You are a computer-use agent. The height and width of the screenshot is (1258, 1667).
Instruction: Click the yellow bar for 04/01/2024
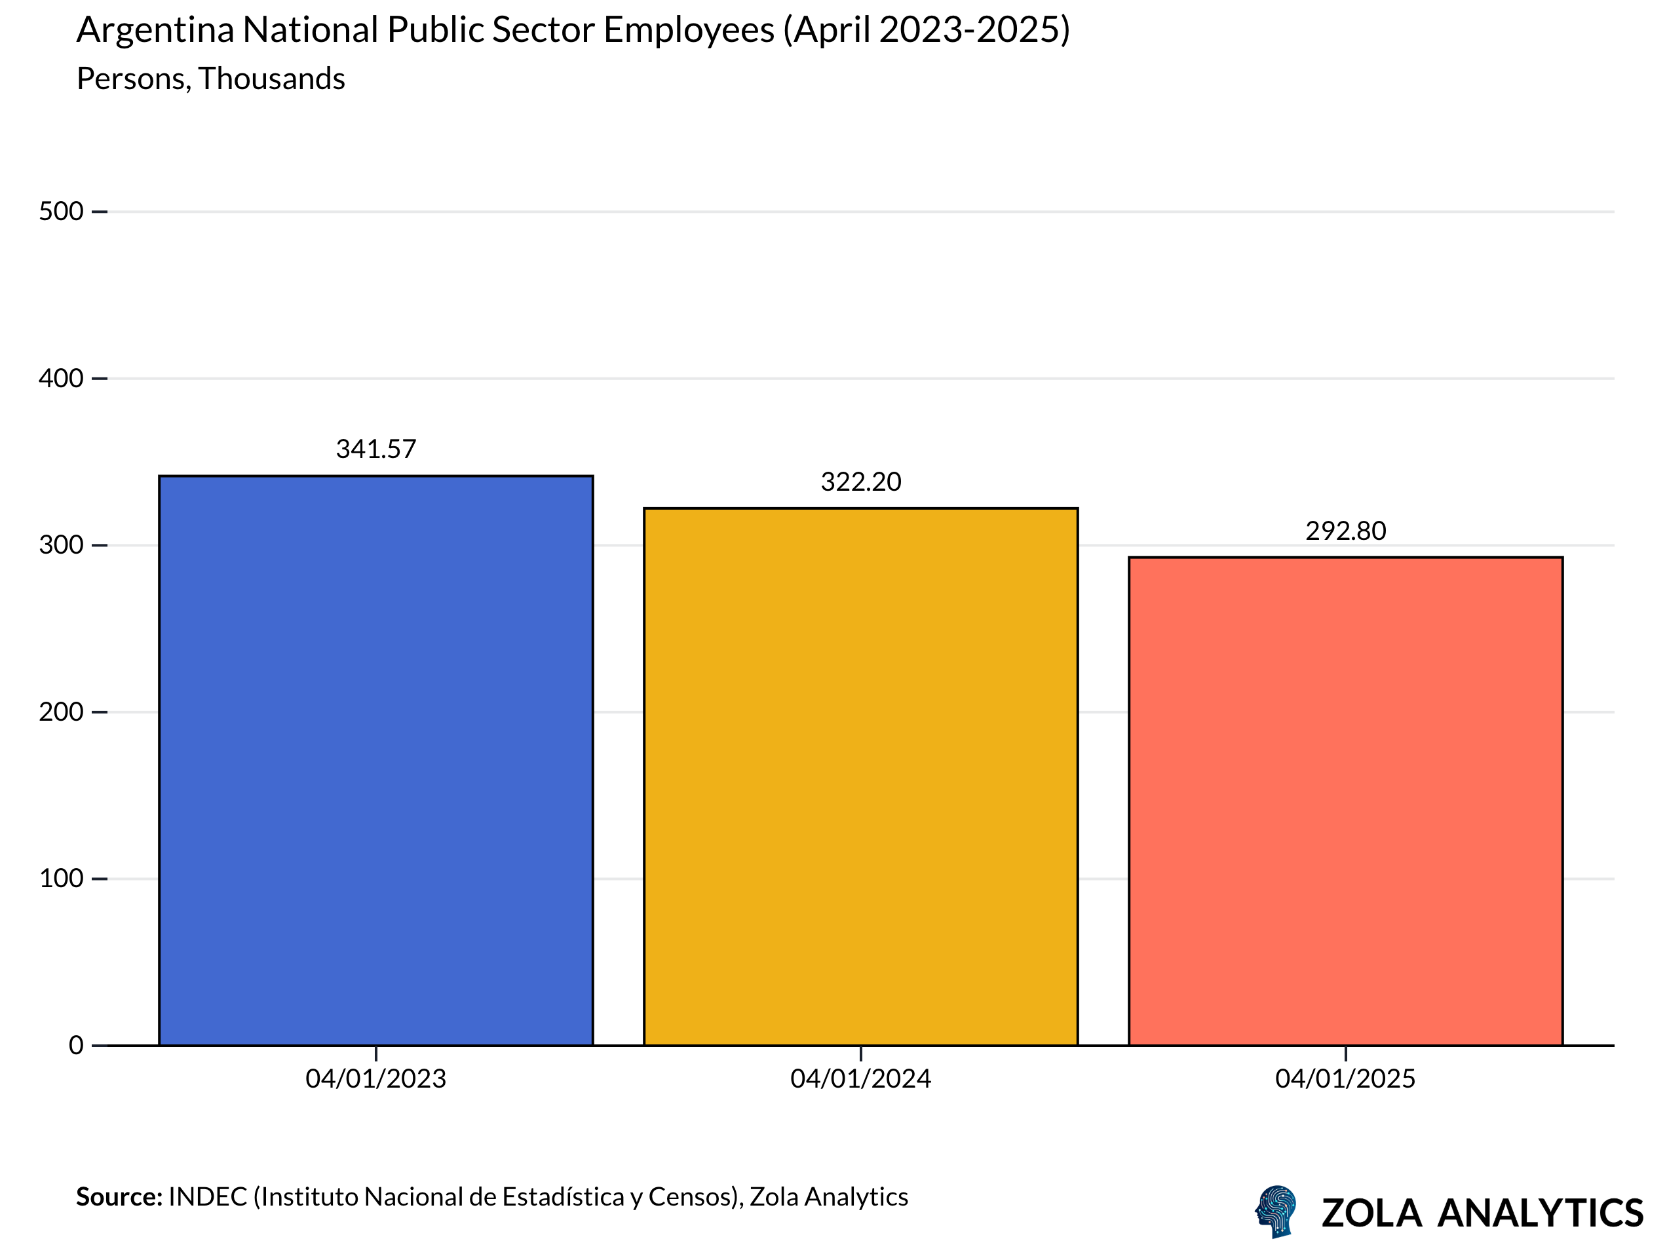[860, 776]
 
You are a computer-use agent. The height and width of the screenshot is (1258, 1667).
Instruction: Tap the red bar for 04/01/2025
[1345, 801]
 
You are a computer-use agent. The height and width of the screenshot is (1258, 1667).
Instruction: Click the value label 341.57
[376, 449]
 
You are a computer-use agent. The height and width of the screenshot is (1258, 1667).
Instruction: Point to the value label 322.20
[860, 482]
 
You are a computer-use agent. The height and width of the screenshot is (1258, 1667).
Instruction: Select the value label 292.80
[1345, 531]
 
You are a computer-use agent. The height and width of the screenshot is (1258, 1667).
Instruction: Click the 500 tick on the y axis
[61, 212]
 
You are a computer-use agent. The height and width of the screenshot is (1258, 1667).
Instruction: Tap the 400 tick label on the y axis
[61, 378]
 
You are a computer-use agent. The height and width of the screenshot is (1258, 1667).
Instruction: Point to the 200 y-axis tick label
[61, 712]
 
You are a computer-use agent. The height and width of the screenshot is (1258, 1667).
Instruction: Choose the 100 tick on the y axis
[61, 878]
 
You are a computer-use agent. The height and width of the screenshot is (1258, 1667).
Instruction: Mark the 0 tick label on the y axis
[76, 1046]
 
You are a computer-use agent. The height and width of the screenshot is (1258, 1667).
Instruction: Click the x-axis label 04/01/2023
[376, 1078]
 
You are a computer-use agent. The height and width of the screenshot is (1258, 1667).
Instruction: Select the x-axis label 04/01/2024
[860, 1078]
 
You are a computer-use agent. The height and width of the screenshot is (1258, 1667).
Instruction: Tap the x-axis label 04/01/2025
[1345, 1078]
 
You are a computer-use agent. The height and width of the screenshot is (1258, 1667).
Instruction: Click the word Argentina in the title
[155, 31]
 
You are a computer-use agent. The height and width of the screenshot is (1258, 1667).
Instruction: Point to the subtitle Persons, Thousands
[211, 79]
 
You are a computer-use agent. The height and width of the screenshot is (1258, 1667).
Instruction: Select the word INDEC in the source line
[207, 1197]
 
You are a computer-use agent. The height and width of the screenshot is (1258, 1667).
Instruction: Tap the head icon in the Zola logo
[1276, 1211]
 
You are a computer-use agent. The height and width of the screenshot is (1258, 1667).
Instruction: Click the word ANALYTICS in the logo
[1541, 1213]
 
